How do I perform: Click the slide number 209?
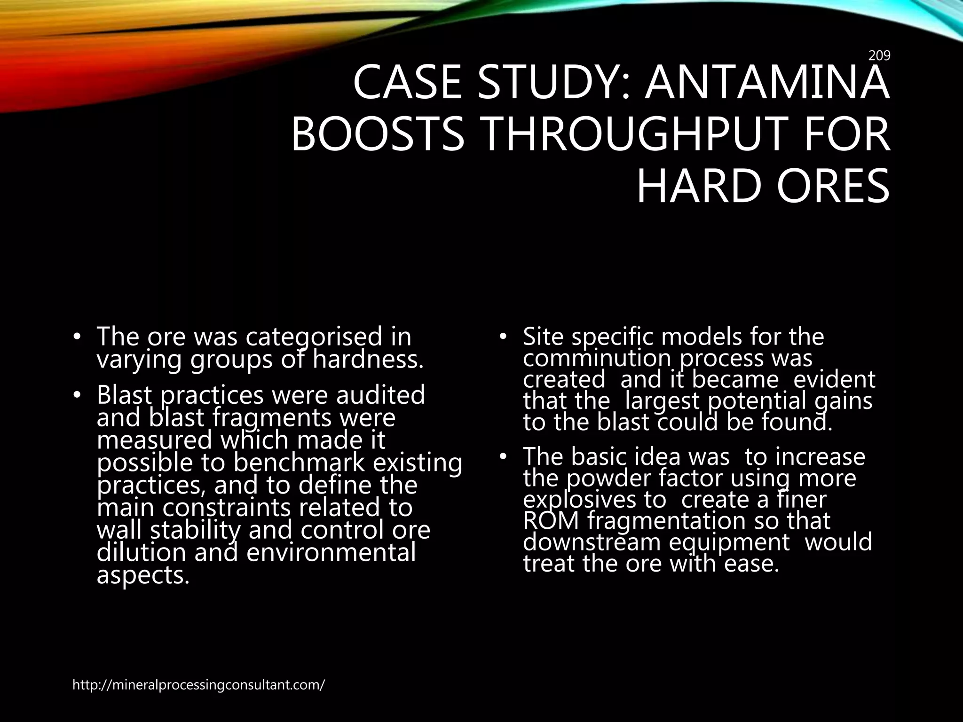[879, 56]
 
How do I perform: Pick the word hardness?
[368, 360]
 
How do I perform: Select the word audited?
[381, 395]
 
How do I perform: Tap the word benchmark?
[299, 463]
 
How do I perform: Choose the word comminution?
[597, 359]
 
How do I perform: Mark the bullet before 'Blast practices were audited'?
[77, 395]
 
